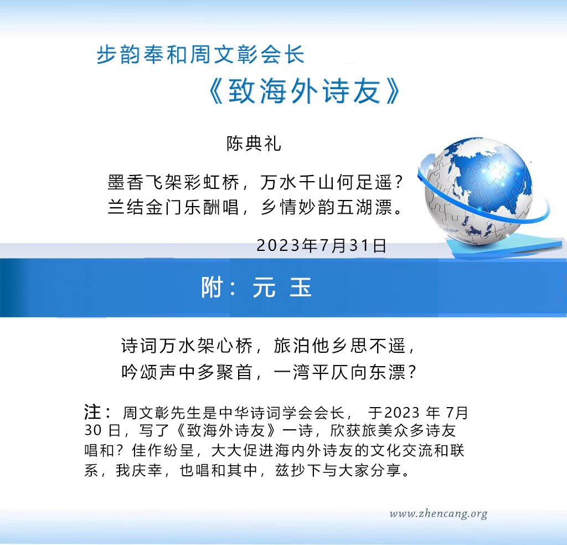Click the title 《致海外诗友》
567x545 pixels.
[306, 91]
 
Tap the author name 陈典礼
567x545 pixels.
[254, 143]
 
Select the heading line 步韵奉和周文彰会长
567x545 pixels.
[200, 55]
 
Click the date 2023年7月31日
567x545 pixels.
[322, 245]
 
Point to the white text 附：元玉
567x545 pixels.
[256, 287]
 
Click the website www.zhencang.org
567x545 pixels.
[439, 514]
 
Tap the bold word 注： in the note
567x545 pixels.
[97, 412]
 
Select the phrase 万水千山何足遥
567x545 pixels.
[326, 182]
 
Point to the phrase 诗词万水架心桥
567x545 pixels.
[187, 346]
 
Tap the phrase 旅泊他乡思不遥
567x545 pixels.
[339, 346]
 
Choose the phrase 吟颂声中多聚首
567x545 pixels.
[187, 372]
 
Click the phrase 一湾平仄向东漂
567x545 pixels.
[339, 372]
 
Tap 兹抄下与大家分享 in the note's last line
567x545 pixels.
[338, 470]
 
